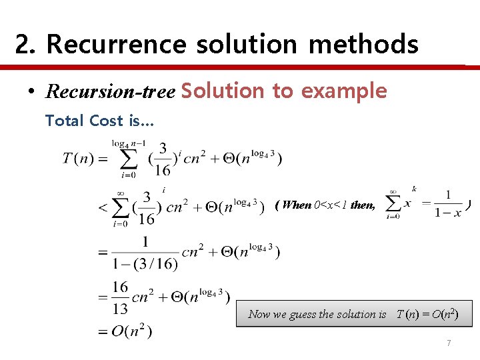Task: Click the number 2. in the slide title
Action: click(25, 45)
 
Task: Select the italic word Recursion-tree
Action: click(109, 91)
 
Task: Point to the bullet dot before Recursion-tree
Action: click(31, 92)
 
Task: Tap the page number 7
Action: click(449, 343)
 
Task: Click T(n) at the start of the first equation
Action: click(77, 158)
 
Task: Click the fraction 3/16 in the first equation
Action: click(163, 159)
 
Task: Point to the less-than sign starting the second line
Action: click(103, 207)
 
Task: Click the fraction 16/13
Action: click(120, 297)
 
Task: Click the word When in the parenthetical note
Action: click(297, 205)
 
